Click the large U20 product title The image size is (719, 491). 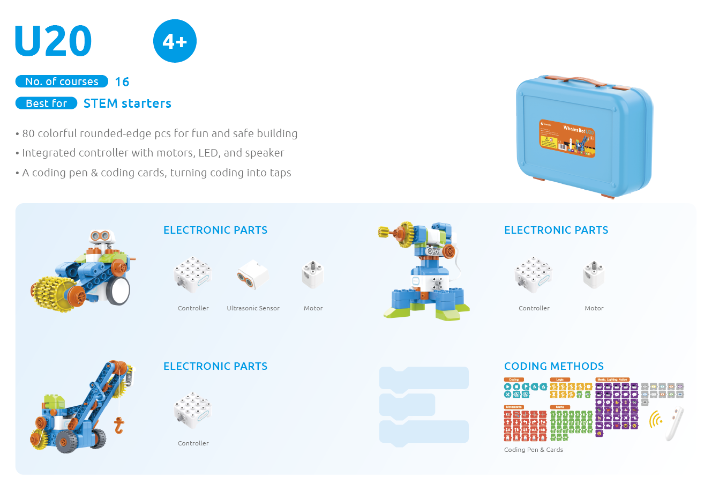(54, 41)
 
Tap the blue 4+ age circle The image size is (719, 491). (175, 41)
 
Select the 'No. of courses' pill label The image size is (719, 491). (62, 81)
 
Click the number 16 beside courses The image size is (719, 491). (122, 82)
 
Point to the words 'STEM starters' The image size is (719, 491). (128, 103)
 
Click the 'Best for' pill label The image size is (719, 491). (47, 103)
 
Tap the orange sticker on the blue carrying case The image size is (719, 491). (567, 139)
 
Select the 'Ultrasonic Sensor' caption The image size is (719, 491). (253, 308)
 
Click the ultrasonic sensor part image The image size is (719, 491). (253, 274)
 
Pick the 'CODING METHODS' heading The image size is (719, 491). (554, 366)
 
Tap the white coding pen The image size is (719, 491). (675, 424)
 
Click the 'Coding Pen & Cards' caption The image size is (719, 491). (534, 450)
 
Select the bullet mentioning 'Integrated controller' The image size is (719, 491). (153, 153)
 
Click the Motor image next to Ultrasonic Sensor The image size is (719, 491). (313, 274)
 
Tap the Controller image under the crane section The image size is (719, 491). (193, 410)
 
